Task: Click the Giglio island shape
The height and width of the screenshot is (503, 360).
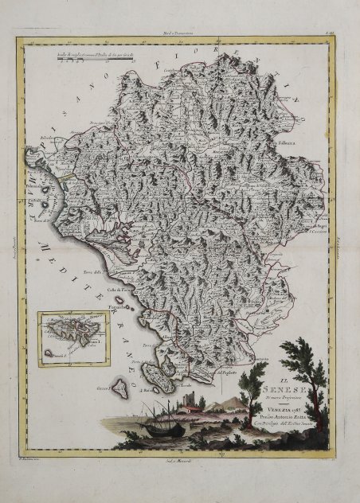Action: pos(121,389)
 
